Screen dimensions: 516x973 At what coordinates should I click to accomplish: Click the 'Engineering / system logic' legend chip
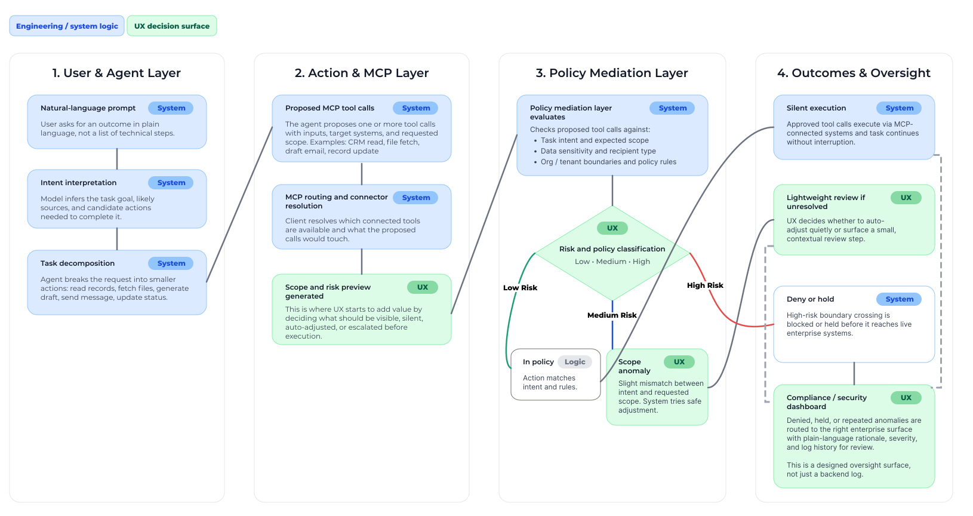pos(67,26)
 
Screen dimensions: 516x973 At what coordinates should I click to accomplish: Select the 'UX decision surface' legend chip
pos(172,26)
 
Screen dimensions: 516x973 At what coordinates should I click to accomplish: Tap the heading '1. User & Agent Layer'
pos(116,73)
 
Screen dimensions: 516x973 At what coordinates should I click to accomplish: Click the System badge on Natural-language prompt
pos(171,108)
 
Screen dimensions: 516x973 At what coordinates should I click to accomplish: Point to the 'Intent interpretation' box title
pos(78,183)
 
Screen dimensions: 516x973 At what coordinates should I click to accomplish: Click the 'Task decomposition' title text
pos(78,263)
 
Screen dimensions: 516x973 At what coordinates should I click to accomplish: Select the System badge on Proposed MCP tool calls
pos(415,108)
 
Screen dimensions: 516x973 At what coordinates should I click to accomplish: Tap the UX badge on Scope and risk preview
pos(422,287)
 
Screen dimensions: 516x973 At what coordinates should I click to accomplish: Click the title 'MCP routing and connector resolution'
pos(336,201)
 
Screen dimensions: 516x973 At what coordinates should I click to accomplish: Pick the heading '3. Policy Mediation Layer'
pos(612,73)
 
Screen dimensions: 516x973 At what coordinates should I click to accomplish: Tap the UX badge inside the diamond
pos(612,228)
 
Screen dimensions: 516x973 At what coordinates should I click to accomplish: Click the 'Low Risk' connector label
pos(520,288)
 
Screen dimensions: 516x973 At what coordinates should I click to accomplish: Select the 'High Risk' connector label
pos(705,285)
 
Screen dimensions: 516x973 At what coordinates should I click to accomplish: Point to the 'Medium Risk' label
pos(612,315)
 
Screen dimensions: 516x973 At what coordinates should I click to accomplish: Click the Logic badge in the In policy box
pos(574,362)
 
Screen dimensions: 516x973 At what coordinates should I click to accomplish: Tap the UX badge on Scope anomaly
pos(679,362)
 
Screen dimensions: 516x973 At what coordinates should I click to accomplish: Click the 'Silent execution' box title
pos(816,108)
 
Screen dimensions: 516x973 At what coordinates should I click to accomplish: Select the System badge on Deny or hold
pos(899,299)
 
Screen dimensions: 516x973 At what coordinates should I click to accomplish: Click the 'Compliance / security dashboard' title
pos(826,402)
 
